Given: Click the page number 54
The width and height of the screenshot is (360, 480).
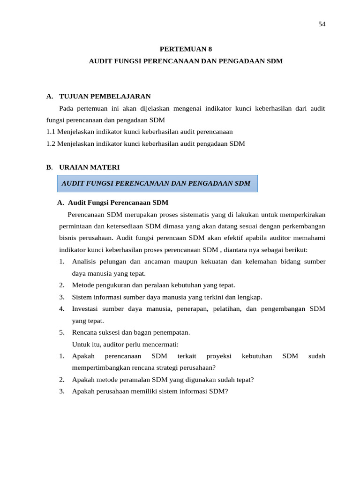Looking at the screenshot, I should tap(322, 24).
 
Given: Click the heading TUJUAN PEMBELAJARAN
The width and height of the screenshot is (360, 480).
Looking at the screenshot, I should tap(105, 97).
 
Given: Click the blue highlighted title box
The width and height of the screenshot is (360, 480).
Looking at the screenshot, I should tap(157, 183).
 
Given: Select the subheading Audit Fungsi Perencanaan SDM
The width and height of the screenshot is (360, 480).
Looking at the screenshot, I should tap(118, 202).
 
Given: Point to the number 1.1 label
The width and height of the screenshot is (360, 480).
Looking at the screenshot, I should tap(51, 132).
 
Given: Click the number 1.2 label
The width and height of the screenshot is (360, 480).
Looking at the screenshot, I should tap(51, 143).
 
